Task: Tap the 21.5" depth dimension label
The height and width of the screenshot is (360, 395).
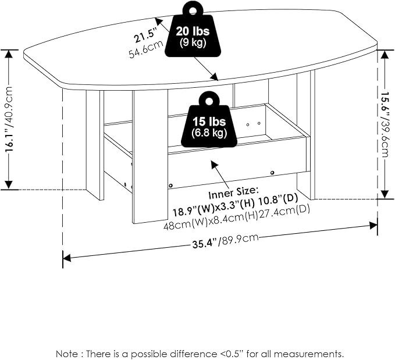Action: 145,35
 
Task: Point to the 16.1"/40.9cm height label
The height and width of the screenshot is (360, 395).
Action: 9,119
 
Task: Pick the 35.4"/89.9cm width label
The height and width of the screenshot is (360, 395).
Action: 226,241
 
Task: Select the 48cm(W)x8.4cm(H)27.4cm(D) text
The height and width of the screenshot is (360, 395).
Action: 237,218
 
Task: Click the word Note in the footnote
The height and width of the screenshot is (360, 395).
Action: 67,354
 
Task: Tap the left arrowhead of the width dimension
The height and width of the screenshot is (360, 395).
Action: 66,258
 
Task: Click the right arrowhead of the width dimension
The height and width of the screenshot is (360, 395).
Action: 373,225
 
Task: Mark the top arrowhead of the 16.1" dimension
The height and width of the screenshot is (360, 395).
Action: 9,54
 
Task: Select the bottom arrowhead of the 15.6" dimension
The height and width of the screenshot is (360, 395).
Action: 385,194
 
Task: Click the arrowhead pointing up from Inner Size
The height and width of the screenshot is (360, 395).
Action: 215,164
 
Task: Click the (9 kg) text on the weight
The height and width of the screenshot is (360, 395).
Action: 193,42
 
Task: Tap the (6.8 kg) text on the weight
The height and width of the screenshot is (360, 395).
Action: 209,133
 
